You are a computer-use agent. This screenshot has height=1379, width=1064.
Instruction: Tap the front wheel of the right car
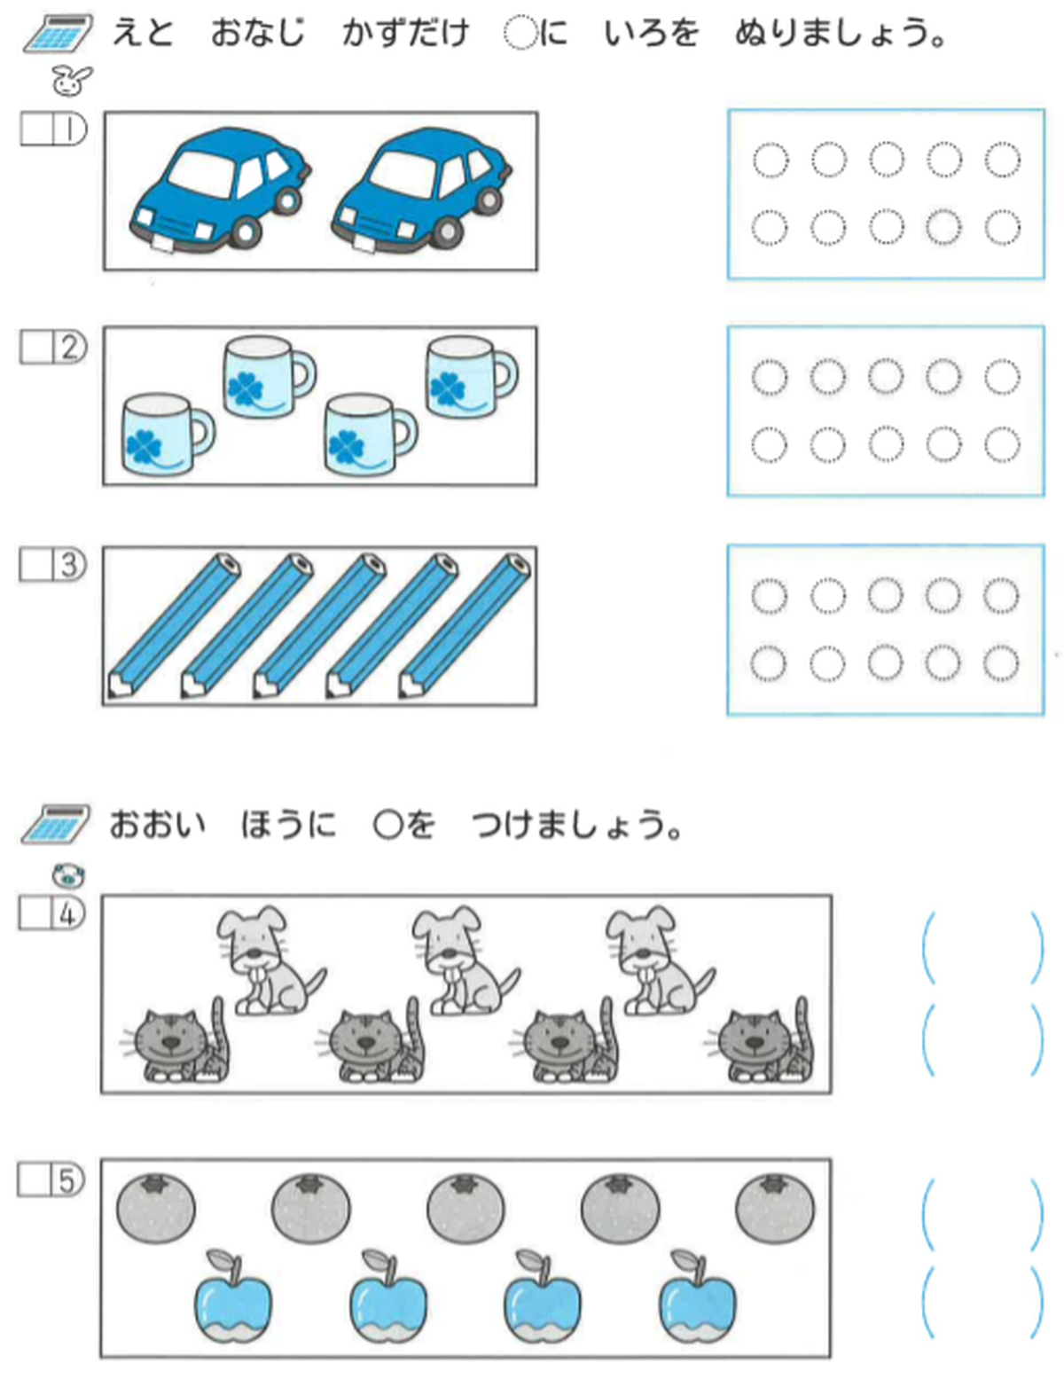(x=446, y=233)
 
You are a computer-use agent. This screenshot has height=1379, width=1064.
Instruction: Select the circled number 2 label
(x=69, y=347)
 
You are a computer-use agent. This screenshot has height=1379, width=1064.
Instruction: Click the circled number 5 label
(x=67, y=1180)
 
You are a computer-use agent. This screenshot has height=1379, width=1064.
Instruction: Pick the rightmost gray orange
(x=775, y=1208)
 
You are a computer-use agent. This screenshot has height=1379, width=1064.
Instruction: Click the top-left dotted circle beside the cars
(x=770, y=161)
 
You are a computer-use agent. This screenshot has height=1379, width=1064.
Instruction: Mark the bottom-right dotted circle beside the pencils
(x=1001, y=662)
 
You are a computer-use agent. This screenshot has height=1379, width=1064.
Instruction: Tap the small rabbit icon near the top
(x=71, y=81)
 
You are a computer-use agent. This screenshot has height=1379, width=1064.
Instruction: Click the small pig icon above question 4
(x=68, y=876)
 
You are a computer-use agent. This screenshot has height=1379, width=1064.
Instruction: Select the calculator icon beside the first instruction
(x=59, y=34)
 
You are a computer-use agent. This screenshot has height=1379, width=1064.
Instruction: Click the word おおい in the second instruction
(x=157, y=825)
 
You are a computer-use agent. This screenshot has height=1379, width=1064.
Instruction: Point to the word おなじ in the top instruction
(x=257, y=34)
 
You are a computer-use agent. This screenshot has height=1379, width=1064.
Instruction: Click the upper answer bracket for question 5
(x=982, y=1212)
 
